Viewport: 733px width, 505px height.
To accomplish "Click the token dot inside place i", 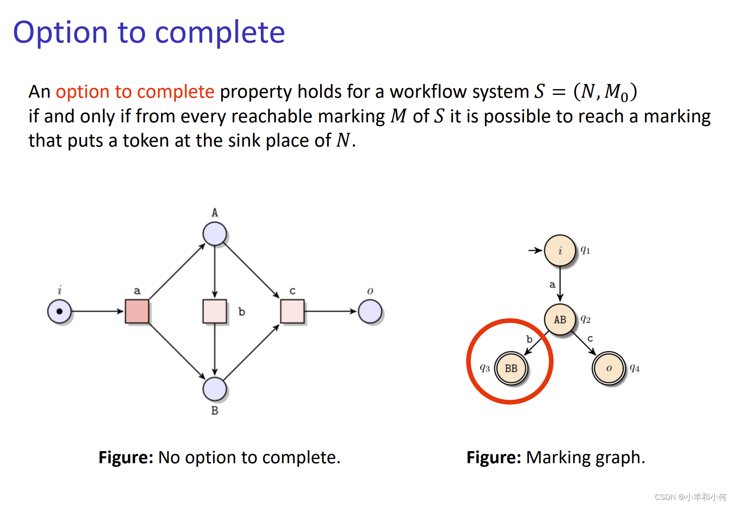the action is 59,311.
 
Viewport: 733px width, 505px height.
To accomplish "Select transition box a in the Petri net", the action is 137,311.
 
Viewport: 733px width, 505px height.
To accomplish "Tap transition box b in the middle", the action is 215,311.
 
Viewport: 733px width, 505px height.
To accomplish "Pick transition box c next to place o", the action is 292,311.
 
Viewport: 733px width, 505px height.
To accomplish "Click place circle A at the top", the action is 215,234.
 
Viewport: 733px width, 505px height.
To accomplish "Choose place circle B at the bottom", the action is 215,389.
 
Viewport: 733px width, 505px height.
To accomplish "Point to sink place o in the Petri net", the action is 370,312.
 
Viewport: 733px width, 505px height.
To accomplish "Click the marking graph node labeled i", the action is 560,251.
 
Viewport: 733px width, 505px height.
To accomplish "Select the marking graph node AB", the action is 560,320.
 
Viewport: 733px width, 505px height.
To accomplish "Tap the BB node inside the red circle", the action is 511,368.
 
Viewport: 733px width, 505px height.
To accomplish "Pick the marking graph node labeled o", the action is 609,368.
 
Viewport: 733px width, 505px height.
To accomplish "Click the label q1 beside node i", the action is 585,250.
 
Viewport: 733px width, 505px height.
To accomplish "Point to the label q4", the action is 635,368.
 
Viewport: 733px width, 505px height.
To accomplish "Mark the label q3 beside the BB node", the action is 485,368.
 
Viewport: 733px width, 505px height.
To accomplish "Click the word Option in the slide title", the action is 61,33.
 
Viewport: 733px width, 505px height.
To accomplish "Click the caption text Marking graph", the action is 585,457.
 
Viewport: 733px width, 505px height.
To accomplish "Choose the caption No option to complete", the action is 249,457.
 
